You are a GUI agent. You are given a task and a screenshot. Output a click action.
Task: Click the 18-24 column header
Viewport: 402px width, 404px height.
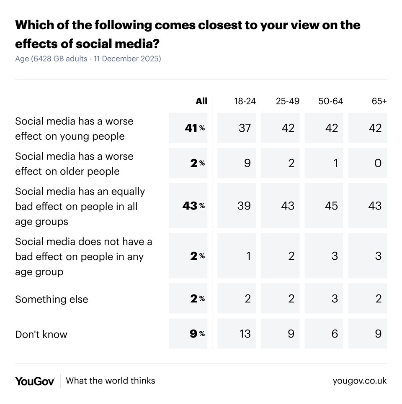[245, 101]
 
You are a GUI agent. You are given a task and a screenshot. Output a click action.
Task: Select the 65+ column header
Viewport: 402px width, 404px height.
[379, 101]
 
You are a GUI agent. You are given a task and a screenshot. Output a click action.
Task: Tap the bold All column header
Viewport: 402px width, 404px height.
[201, 101]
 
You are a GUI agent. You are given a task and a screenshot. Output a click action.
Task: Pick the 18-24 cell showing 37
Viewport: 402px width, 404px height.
[245, 128]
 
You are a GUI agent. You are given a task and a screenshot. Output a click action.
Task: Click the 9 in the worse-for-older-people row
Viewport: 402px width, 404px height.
[247, 163]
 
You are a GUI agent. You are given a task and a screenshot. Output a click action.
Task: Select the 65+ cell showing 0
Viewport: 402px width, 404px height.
[378, 163]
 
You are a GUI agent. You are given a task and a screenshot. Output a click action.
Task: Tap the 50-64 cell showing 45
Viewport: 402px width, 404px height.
[331, 206]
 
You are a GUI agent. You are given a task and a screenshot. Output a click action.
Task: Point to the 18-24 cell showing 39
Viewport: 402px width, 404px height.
[245, 206]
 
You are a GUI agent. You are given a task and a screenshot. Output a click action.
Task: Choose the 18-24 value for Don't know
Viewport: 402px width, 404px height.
[245, 334]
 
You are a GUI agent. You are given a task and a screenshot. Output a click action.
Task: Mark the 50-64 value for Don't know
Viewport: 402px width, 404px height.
[334, 334]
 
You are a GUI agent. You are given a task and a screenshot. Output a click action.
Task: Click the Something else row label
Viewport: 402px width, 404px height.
[52, 299]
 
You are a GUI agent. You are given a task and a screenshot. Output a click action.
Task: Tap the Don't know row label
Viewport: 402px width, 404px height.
[41, 335]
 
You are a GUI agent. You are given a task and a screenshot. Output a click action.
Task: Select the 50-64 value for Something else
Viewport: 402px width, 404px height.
[334, 299]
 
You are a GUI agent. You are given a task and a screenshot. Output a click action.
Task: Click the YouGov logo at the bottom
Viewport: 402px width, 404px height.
[35, 381]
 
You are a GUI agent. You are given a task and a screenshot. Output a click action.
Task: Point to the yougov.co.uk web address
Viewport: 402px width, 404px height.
[360, 381]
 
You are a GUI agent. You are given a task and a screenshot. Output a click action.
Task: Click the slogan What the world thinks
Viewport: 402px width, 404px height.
[111, 381]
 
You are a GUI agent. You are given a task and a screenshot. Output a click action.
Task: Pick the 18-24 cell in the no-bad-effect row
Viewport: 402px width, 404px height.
[248, 256]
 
